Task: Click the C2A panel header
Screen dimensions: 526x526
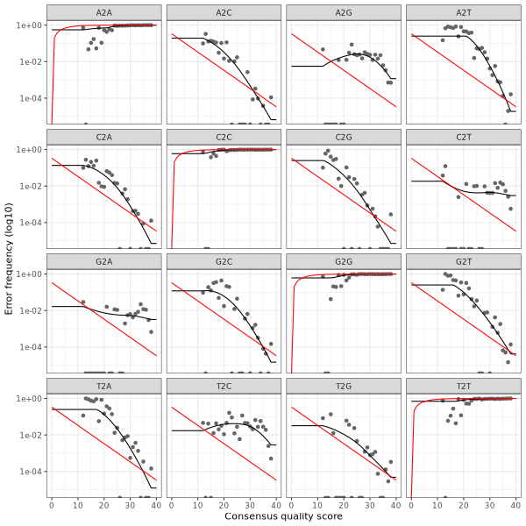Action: [x=103, y=137]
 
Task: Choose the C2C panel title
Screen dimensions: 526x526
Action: [x=224, y=137]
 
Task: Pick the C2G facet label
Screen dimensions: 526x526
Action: [x=343, y=137]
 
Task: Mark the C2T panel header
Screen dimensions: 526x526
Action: [x=463, y=137]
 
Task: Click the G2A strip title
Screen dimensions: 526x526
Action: [x=103, y=261]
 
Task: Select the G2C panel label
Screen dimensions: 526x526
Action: [x=224, y=261]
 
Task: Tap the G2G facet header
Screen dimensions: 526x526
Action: [x=343, y=261]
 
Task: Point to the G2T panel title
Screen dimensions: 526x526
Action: [x=463, y=261]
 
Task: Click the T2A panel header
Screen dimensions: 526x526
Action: [x=103, y=386]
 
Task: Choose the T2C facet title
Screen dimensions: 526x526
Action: [x=224, y=386]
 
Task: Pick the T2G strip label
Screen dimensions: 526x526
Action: [x=343, y=386]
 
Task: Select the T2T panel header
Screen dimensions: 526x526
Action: [x=463, y=386]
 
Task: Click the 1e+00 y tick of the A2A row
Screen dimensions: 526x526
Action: [x=31, y=25]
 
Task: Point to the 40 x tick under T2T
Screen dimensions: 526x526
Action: [x=515, y=504]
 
